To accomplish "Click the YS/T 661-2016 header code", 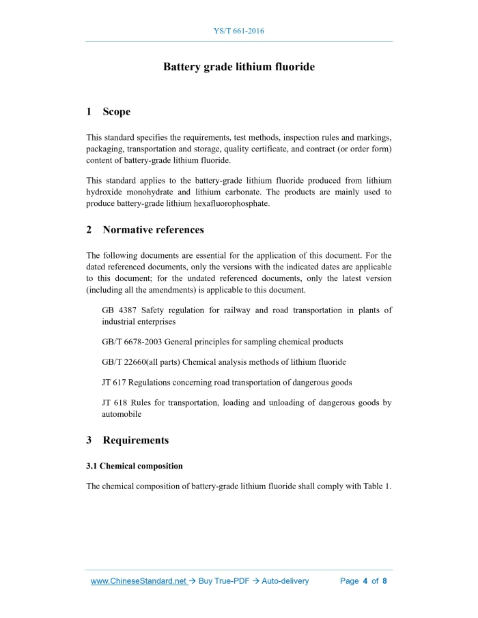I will click(238, 31).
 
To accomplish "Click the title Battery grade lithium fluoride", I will click(238, 67).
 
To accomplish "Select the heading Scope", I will click(116, 111).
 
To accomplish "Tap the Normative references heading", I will click(153, 230).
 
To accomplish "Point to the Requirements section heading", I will click(135, 440).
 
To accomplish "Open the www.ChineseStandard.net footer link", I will click(139, 581).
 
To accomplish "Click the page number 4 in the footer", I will click(365, 581).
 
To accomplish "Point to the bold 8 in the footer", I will click(384, 581).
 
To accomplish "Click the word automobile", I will click(123, 413).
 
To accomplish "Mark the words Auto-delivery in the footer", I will click(285, 581).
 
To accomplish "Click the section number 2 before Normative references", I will click(89, 230).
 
